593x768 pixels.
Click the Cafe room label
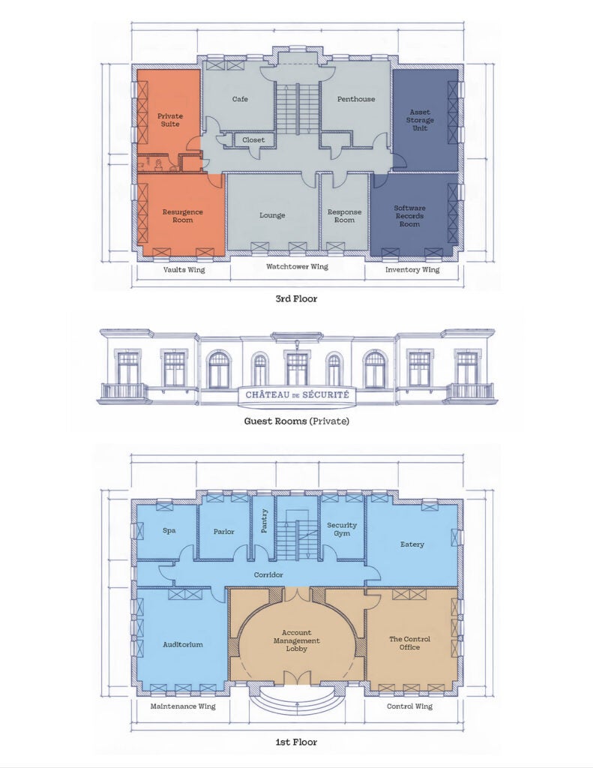(x=240, y=99)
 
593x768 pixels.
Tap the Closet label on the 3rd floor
(x=253, y=140)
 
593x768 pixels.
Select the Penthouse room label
(x=356, y=99)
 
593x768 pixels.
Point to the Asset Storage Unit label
(x=420, y=120)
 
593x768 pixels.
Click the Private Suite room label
(x=170, y=120)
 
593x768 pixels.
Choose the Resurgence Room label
(x=183, y=216)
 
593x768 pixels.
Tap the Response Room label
(x=344, y=216)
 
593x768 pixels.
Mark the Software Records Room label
(x=409, y=216)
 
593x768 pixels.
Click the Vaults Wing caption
(x=184, y=270)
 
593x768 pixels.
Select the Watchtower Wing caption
(x=297, y=267)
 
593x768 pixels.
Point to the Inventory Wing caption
(x=412, y=270)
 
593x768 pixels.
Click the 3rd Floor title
(x=296, y=298)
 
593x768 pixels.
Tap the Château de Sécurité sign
(x=297, y=394)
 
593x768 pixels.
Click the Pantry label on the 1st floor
(x=265, y=521)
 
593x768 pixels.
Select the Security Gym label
(x=342, y=529)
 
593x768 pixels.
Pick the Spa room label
(x=169, y=530)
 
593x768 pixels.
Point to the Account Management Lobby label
(x=297, y=640)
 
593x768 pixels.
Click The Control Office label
(x=409, y=643)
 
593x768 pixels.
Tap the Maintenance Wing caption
(x=183, y=706)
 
